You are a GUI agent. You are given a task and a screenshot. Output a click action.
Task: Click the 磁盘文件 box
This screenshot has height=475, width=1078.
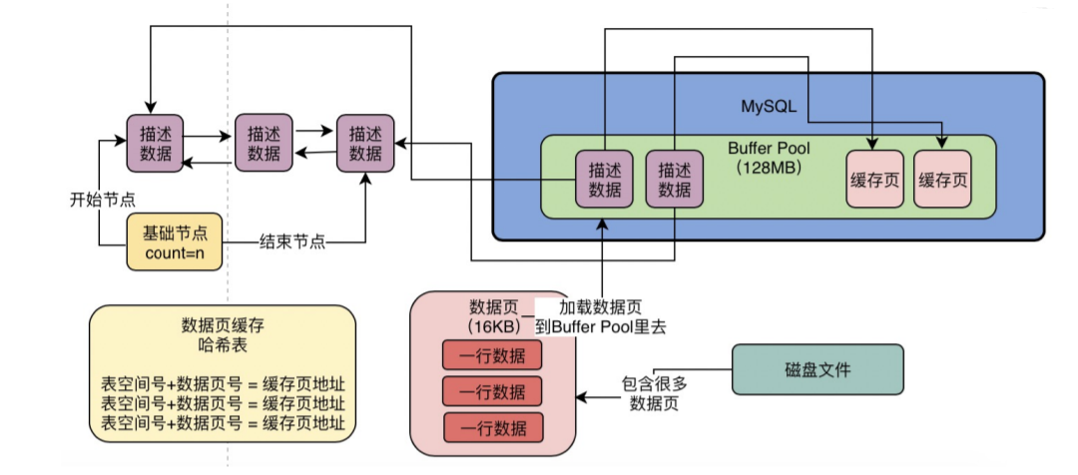coord(817,369)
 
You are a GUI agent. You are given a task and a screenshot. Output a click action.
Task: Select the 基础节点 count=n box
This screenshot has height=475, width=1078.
coord(176,241)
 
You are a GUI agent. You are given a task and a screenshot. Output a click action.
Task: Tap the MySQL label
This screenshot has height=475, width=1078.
coord(768,107)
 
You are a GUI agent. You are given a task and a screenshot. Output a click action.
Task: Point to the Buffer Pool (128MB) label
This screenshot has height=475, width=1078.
coord(769,158)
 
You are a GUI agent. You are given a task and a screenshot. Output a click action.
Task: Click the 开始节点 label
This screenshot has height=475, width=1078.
coord(102,200)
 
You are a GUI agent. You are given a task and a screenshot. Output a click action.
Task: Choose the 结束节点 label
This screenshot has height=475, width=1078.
coord(292,241)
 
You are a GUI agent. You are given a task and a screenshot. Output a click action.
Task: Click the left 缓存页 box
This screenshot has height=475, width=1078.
coord(873,180)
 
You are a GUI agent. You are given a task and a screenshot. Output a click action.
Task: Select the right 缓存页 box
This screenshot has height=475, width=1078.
coord(942,180)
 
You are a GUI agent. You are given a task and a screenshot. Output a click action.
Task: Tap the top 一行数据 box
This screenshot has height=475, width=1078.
coord(491,356)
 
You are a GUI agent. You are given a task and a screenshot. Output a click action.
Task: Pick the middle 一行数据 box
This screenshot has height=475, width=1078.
coord(491,392)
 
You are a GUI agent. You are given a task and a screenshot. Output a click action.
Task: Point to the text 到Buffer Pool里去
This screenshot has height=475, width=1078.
coord(600,327)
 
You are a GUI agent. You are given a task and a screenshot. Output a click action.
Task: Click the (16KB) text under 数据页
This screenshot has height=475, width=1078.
coord(492,326)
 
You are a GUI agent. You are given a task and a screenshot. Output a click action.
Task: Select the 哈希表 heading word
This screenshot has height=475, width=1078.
coord(222,344)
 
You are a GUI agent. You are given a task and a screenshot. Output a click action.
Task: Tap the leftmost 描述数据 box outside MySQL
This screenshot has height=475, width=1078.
coord(156,143)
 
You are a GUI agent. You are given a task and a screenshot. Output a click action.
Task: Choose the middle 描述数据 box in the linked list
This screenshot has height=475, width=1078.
coord(264,143)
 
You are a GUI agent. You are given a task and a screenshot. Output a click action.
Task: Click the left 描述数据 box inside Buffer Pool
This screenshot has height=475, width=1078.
coord(604,179)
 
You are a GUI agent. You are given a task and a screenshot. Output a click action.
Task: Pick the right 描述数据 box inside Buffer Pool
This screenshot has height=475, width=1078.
coord(675,179)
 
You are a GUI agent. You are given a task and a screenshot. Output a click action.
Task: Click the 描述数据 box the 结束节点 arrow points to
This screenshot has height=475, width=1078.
coord(365,143)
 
